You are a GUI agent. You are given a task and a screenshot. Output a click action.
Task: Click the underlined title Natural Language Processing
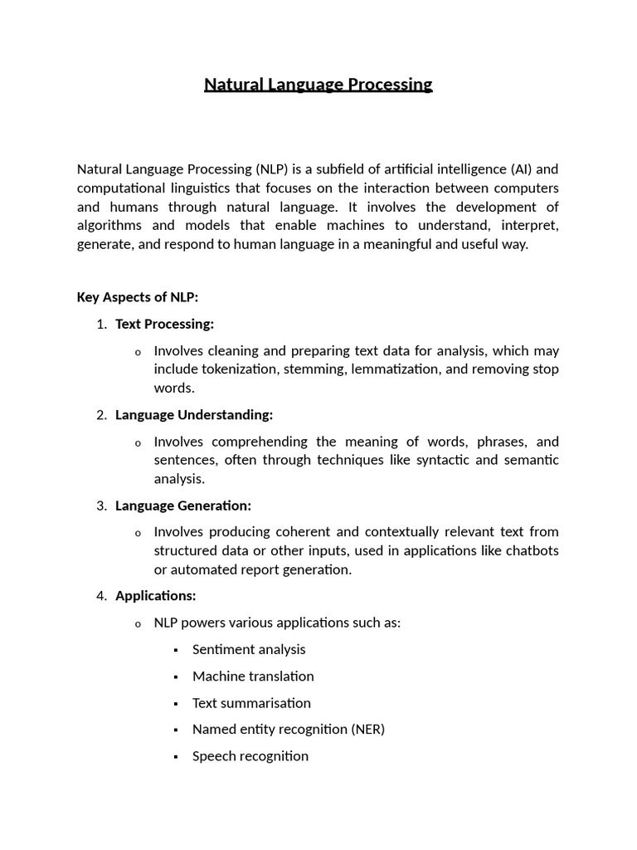[318, 85]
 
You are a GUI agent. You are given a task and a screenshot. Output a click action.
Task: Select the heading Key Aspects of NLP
[138, 297]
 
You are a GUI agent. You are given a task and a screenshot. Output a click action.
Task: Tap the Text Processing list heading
[164, 324]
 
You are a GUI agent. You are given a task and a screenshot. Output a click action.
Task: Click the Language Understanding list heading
[194, 414]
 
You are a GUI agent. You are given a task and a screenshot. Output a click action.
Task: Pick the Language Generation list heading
[183, 505]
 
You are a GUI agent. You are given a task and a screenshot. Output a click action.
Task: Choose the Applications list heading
[156, 595]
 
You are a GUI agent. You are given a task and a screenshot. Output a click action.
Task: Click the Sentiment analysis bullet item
[249, 649]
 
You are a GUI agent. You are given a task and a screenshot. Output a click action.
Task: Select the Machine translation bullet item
[253, 676]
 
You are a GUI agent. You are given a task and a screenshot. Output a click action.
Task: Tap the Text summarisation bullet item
[251, 702]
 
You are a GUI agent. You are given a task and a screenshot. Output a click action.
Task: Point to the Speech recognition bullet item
[250, 755]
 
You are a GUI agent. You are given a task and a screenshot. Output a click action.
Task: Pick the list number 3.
[101, 505]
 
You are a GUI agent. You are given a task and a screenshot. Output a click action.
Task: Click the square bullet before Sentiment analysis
[176, 650]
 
